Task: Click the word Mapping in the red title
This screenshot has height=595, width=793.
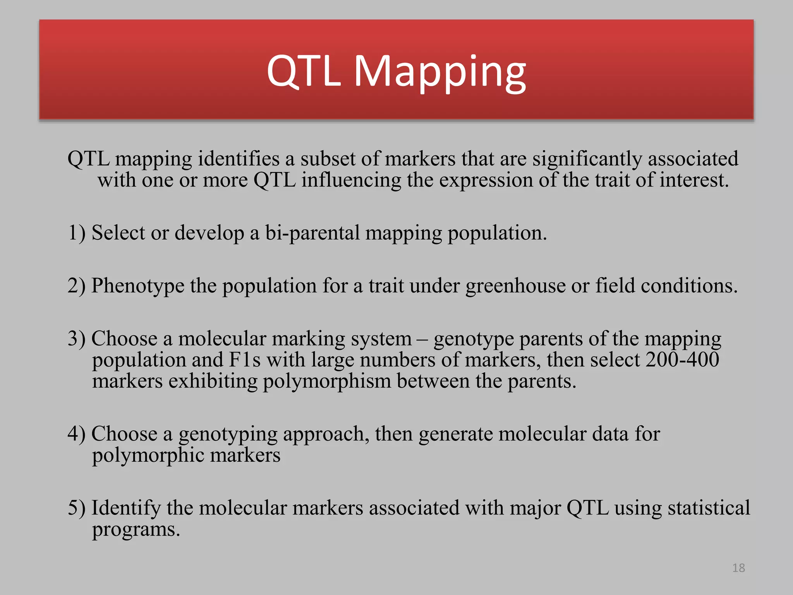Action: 440,72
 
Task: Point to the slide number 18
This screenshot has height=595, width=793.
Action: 738,568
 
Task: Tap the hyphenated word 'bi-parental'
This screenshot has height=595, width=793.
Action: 312,233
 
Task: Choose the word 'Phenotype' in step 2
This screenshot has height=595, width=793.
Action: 138,286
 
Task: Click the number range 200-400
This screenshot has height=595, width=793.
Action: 682,359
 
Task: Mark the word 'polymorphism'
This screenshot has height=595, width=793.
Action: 327,382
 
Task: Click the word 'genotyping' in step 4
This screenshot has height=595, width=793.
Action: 228,434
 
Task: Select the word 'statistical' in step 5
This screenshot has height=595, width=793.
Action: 709,508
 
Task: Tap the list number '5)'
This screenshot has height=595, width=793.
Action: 76,508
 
